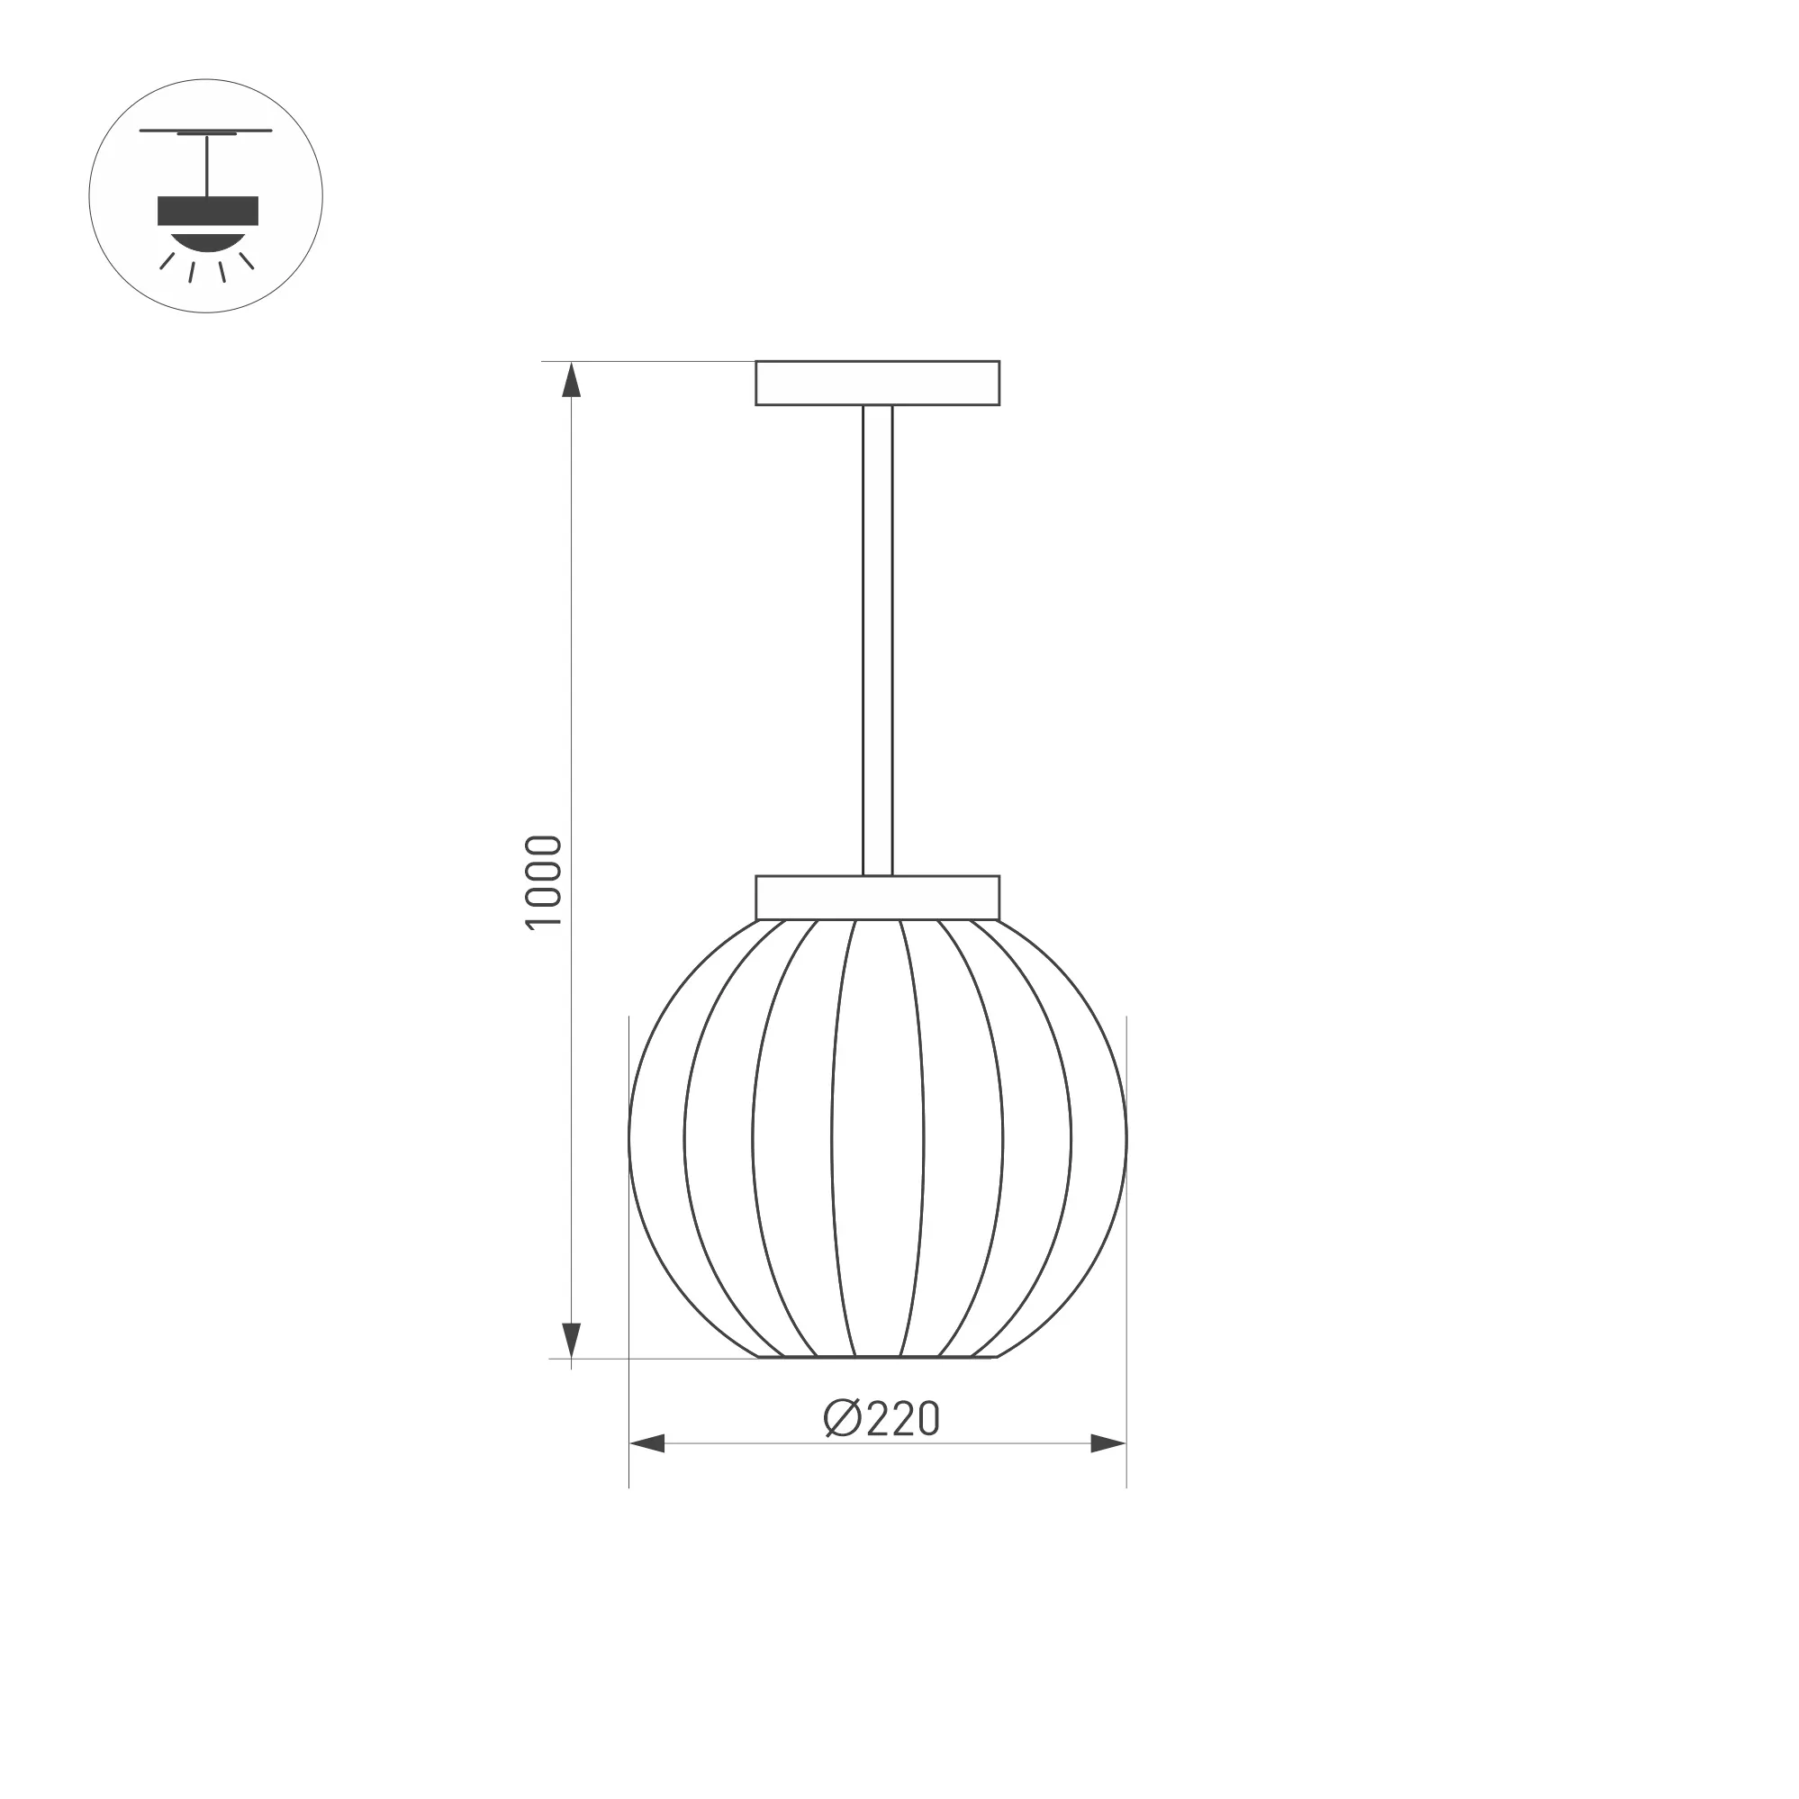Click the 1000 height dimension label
pos(544,881)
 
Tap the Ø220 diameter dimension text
pos(881,1419)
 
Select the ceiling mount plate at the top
pos(877,383)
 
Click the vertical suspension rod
pos(877,641)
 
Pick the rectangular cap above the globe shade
pos(877,898)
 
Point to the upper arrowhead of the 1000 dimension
pos(572,379)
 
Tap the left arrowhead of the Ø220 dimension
pos(647,1444)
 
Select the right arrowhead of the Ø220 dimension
pos(1108,1444)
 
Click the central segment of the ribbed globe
pos(877,1138)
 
